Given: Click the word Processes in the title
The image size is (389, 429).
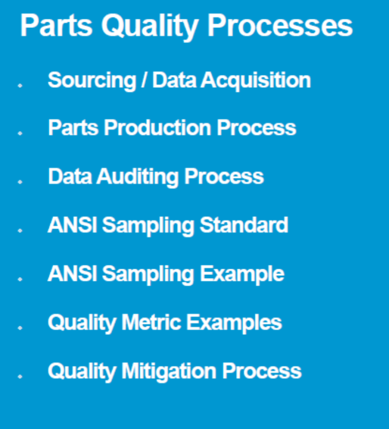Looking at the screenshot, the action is (x=280, y=26).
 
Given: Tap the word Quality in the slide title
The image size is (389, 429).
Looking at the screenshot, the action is (x=150, y=27).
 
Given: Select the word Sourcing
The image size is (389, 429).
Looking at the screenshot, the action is (x=92, y=80).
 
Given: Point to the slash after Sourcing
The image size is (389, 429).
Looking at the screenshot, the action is (x=144, y=80).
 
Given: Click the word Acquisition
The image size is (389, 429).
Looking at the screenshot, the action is (x=256, y=80).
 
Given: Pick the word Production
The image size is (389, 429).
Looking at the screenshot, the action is (x=157, y=128).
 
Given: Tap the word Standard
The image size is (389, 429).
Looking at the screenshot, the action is (x=244, y=225).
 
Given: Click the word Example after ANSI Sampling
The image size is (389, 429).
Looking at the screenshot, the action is (x=242, y=274).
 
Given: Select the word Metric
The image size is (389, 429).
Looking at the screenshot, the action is (x=151, y=322).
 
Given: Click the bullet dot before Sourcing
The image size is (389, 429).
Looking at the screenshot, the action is (x=20, y=85).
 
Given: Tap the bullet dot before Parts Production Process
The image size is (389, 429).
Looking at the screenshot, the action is (x=20, y=133).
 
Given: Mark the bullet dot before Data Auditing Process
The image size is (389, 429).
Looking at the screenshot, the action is (x=20, y=181).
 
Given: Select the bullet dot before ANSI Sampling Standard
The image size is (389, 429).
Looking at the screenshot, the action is (x=20, y=230).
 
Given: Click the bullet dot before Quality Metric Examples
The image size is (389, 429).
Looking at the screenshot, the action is (x=20, y=327).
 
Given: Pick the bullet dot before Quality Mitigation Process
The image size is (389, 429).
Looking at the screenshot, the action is (x=20, y=376).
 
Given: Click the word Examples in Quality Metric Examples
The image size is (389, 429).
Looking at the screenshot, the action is (x=234, y=323).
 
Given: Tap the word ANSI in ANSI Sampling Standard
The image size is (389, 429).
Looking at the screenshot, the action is (x=73, y=225).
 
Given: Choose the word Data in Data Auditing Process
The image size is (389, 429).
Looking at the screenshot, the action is (x=70, y=176).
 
